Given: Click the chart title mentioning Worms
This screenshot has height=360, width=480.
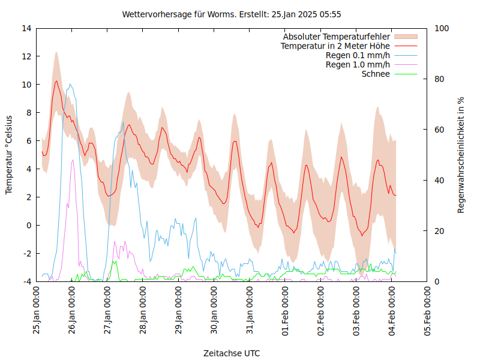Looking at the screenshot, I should coord(232,14).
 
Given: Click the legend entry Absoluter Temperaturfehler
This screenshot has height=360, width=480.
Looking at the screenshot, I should coord(337,37).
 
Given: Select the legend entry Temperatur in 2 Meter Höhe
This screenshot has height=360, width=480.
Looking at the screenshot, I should coord(335,46).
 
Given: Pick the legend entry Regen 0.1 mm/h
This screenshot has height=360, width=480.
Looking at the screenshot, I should coord(358,55).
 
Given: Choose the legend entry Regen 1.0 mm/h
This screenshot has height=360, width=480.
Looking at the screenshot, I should coord(358,65).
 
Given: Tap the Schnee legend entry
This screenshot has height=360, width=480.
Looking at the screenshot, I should coord(376,74).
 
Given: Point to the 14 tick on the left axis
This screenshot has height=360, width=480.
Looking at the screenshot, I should coord(26,28).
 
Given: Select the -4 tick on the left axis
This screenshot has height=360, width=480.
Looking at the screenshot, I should coord(26,281).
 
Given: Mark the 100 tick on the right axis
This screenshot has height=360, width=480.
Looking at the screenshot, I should coord(442,28).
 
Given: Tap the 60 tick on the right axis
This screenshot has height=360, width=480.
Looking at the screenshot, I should coord(439,130).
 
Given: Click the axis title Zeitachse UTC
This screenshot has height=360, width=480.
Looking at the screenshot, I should coord(232,353).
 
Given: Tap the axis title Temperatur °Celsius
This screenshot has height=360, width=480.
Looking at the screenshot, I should coord(9,155).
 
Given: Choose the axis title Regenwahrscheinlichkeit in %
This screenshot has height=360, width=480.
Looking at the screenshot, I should coord(461,155).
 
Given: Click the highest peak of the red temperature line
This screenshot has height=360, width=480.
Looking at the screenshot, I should coord(56,81).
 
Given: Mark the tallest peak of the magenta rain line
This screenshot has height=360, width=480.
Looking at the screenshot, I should coord(73,160).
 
